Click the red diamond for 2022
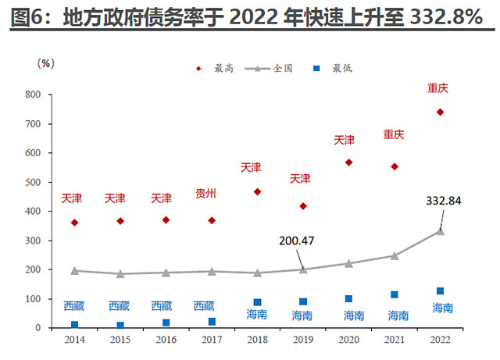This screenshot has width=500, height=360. pyautogui.click(x=440, y=112)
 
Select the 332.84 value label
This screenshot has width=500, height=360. pyautogui.click(x=444, y=201)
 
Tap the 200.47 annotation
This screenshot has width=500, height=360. pyautogui.click(x=297, y=241)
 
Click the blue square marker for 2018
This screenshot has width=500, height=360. pyautogui.click(x=257, y=302)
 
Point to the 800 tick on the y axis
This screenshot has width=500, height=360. pyautogui.click(x=32, y=94)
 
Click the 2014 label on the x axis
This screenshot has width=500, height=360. pyautogui.click(x=74, y=339)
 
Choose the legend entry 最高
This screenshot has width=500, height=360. pyautogui.click(x=224, y=69)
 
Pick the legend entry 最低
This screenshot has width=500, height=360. pyautogui.click(x=341, y=69)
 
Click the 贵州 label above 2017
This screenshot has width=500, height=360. pyautogui.click(x=206, y=193)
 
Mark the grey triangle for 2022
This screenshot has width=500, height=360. pyautogui.click(x=440, y=230)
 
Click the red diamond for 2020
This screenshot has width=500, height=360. pyautogui.click(x=348, y=162)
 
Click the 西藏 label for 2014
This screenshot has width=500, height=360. pyautogui.click(x=74, y=306)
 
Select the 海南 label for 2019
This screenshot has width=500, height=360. pyautogui.click(x=303, y=316)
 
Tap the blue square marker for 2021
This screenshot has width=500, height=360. pyautogui.click(x=395, y=294)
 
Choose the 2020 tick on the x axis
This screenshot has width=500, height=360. pyautogui.click(x=348, y=339)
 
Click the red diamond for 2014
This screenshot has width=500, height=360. pyautogui.click(x=74, y=223)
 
